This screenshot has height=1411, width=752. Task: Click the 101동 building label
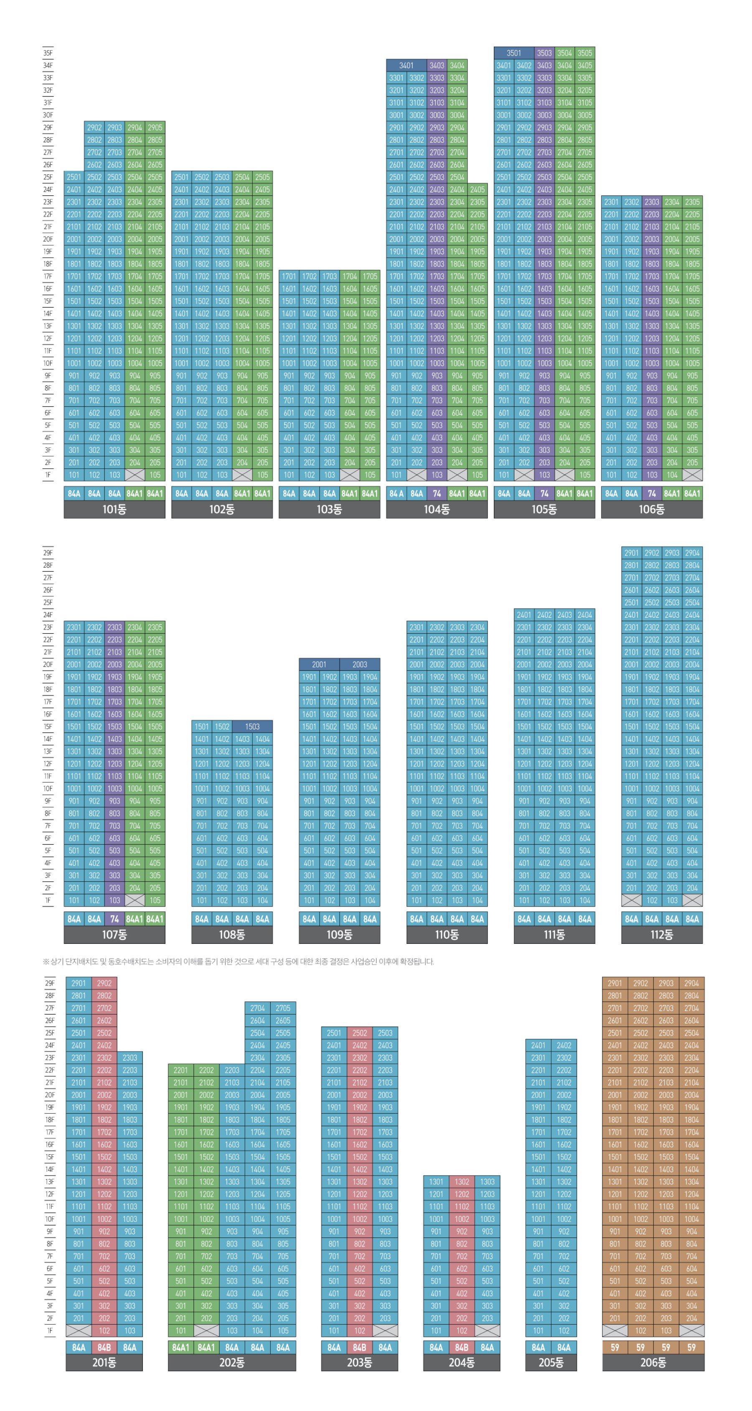[x=114, y=509]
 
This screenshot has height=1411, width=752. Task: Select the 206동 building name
[x=653, y=1362]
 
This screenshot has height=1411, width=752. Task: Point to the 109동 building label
[x=339, y=934]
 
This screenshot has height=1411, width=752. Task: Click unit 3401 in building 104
[x=406, y=65]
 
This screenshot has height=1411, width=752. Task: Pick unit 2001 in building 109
[x=319, y=665]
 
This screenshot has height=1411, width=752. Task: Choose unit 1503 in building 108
[x=252, y=726]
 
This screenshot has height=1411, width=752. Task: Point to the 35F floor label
[x=48, y=53]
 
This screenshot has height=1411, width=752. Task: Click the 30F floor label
[x=48, y=115]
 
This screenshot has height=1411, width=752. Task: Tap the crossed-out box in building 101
[x=135, y=475]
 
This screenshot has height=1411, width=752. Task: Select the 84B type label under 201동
[x=104, y=1347]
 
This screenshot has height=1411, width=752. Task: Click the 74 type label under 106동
[x=652, y=493]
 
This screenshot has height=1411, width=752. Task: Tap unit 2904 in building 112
[x=692, y=553]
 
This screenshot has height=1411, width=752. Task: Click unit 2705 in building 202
[x=283, y=1008]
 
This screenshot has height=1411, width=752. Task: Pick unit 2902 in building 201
[x=104, y=983]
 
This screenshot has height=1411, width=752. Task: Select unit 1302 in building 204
[x=462, y=1181]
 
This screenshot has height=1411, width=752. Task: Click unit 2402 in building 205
[x=564, y=1045]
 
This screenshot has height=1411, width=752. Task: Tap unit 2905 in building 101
[x=155, y=128]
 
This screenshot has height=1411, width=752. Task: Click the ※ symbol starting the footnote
[x=46, y=961]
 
